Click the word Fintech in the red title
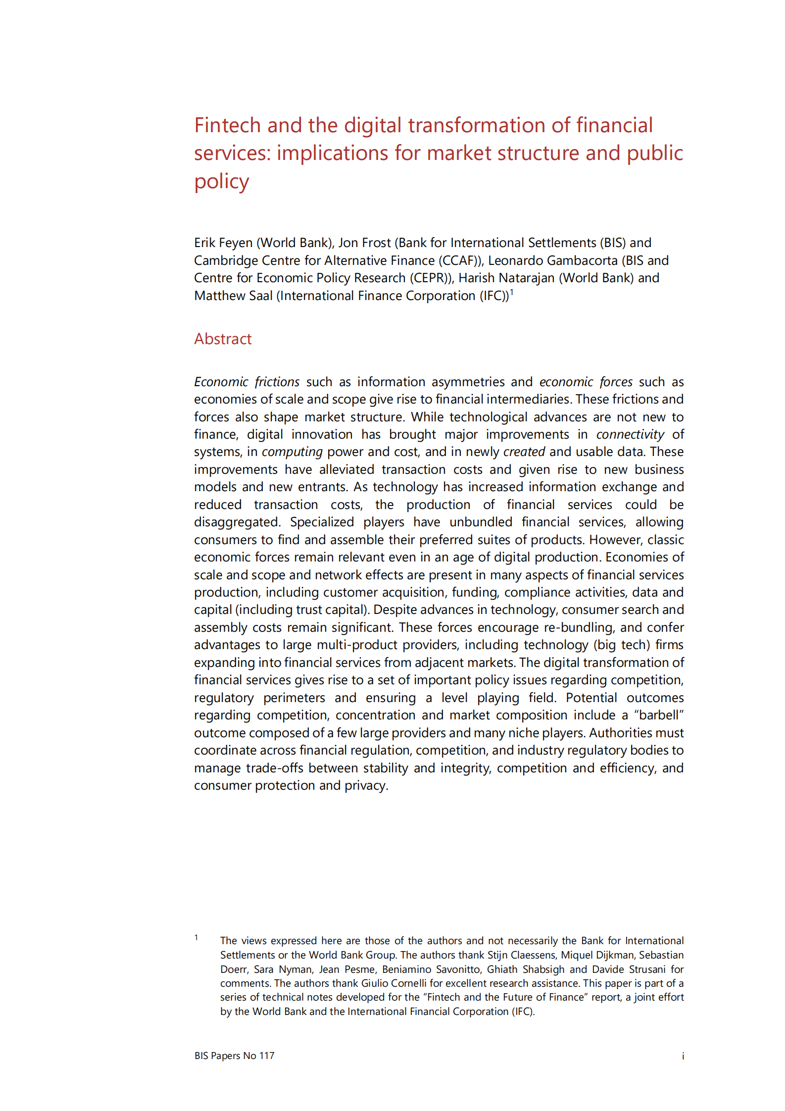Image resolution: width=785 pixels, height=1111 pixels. (x=227, y=125)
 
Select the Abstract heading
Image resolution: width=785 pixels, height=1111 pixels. (x=223, y=339)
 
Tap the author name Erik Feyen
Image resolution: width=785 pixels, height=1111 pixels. (x=223, y=243)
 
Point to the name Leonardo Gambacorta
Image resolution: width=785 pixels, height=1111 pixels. (x=553, y=260)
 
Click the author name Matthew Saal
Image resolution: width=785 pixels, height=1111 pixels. (x=233, y=296)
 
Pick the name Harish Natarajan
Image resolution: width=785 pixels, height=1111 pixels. (x=506, y=278)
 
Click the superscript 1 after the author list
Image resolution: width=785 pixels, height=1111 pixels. (x=512, y=292)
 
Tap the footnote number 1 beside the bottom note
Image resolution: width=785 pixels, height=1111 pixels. (x=196, y=937)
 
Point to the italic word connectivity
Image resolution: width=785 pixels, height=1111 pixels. (x=630, y=434)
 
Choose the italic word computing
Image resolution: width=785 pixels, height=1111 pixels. (x=292, y=452)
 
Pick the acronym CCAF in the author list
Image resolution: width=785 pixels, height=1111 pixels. (x=458, y=260)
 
